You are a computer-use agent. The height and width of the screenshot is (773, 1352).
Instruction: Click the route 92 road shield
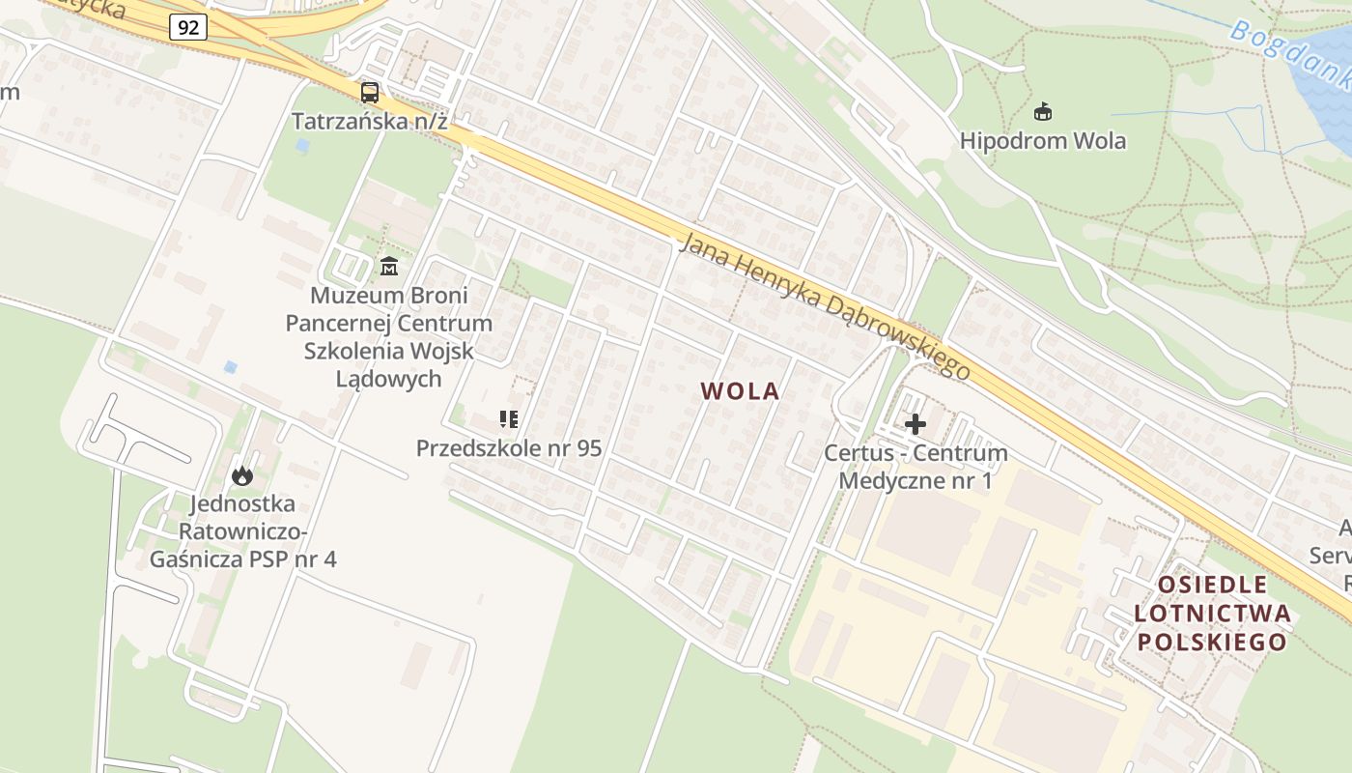point(187,27)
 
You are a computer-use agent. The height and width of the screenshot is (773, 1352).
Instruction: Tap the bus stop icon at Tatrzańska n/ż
point(370,93)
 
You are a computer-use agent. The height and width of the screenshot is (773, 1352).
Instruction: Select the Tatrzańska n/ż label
point(371,122)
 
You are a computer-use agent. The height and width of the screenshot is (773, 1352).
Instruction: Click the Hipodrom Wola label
point(1042,141)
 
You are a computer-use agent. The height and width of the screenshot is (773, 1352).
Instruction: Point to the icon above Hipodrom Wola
point(1042,113)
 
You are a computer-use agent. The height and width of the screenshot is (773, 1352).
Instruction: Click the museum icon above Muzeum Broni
point(389,267)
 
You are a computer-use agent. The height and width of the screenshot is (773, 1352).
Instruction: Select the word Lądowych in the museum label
point(388,379)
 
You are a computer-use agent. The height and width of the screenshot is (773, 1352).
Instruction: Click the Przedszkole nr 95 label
point(508,448)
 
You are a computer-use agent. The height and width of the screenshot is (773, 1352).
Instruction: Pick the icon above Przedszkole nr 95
point(508,419)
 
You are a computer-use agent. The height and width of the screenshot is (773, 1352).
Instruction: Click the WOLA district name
point(740,391)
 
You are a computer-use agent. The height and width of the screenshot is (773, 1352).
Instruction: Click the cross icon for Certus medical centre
point(915,423)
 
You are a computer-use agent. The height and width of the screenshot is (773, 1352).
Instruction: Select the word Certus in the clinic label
point(858,453)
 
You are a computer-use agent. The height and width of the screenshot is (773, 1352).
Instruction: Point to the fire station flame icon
point(241,475)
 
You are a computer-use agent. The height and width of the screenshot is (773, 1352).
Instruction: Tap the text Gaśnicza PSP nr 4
point(242,558)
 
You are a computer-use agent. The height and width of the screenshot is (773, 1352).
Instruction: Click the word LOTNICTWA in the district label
point(1212,613)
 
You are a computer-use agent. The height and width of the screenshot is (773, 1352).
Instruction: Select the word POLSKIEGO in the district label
point(1212,642)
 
